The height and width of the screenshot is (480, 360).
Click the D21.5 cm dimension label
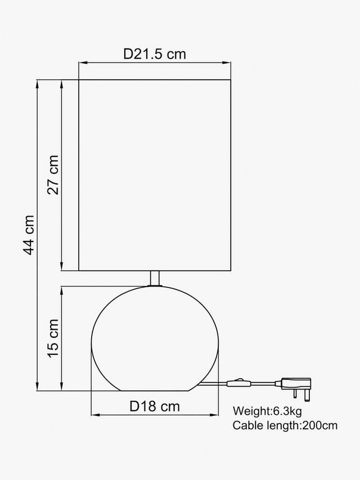click(x=155, y=54)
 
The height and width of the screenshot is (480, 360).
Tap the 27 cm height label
click(x=53, y=175)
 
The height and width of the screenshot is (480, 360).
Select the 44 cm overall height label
click(x=29, y=235)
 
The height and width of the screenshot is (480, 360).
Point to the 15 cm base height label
click(x=53, y=338)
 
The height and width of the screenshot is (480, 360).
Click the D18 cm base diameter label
click(x=155, y=406)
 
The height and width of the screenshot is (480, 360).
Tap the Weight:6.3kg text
click(x=267, y=411)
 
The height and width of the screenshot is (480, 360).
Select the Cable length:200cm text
click(x=285, y=425)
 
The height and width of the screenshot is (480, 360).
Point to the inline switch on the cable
click(x=238, y=383)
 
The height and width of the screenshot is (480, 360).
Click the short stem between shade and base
click(x=155, y=279)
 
